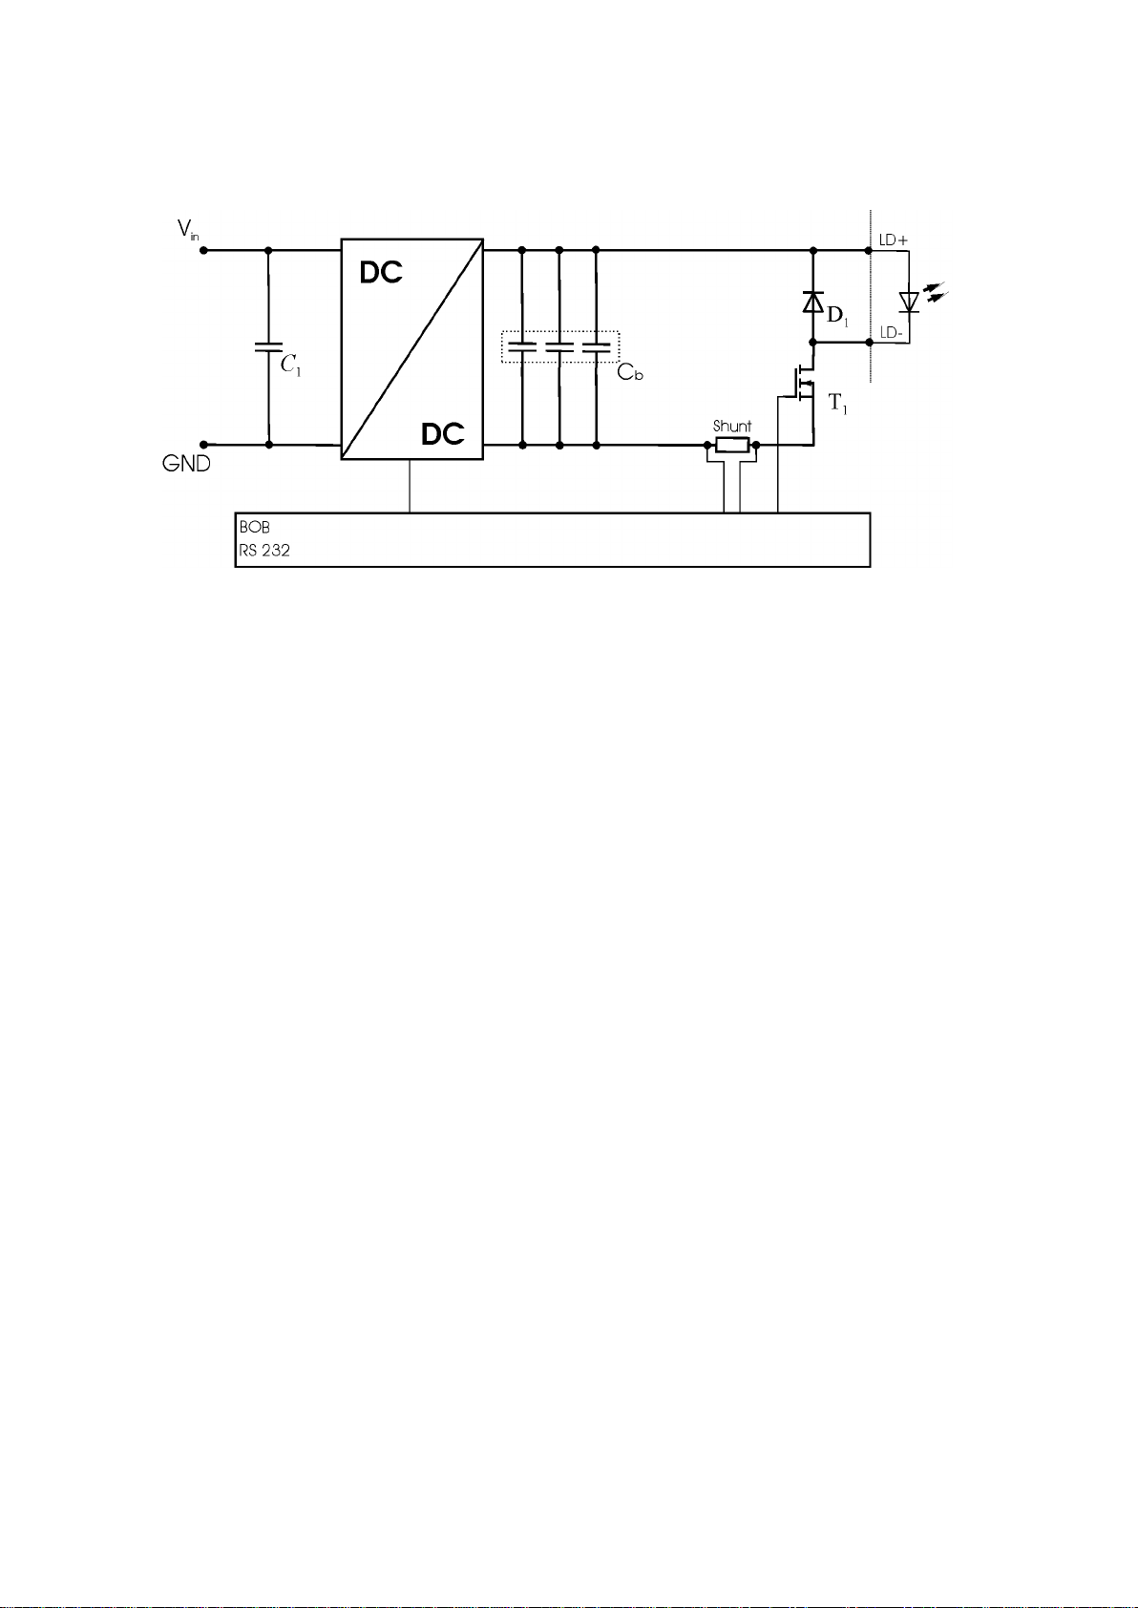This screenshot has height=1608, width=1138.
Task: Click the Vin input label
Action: [187, 230]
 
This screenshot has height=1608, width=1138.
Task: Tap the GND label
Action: [187, 464]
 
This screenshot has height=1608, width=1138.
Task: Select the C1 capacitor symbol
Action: [268, 347]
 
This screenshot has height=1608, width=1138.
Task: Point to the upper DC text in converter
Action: [381, 273]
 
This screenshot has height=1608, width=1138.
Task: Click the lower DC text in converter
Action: [442, 434]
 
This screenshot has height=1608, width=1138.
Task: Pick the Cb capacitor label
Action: [630, 372]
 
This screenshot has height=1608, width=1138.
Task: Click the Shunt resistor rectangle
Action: [732, 445]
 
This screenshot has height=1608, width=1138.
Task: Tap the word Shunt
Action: [731, 426]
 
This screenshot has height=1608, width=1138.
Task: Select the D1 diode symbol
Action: [812, 303]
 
